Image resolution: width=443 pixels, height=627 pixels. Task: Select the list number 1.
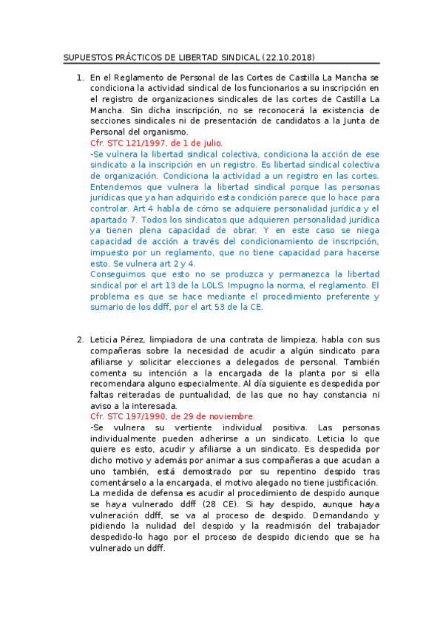point(79,77)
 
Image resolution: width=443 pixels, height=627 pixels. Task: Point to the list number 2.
point(79,339)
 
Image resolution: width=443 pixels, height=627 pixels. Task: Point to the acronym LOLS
point(208,285)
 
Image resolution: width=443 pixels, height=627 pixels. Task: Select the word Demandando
point(348,515)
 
